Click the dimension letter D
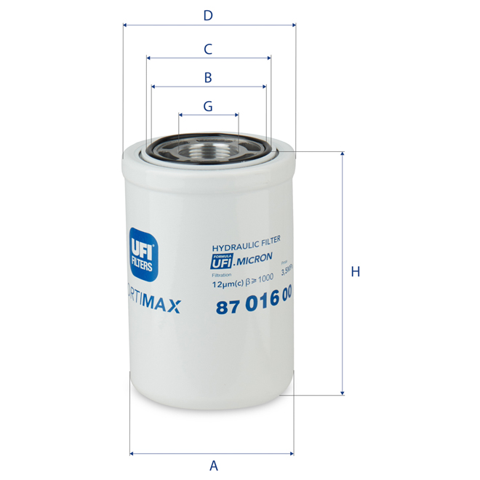[x=208, y=15]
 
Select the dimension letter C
[x=208, y=49]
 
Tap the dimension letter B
[x=208, y=77]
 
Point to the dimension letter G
[x=208, y=105]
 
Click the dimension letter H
[x=356, y=272]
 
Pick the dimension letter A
[x=214, y=465]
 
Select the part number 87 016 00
[x=255, y=307]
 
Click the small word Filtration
[x=221, y=275]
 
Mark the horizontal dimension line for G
[x=209, y=115]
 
